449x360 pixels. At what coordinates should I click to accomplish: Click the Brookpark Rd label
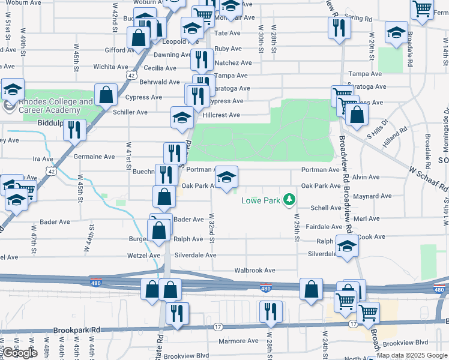(x=77, y=330)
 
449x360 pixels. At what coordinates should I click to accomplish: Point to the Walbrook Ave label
(x=255, y=271)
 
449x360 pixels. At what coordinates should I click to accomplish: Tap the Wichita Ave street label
(x=111, y=67)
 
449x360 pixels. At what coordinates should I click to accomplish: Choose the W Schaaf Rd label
(x=429, y=179)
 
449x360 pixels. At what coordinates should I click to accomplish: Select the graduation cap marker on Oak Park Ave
(x=226, y=178)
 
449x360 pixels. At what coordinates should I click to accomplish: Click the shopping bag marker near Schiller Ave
(x=106, y=95)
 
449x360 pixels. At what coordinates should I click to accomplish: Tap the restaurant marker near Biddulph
(x=75, y=131)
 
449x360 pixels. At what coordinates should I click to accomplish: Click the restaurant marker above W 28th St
(x=270, y=312)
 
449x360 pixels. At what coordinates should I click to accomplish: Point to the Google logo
(x=20, y=353)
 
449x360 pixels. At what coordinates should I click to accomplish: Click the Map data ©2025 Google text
(x=411, y=355)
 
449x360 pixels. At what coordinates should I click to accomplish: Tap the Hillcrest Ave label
(x=221, y=115)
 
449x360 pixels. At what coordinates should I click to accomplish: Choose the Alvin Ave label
(x=366, y=177)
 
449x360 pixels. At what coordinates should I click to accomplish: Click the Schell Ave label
(x=326, y=208)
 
